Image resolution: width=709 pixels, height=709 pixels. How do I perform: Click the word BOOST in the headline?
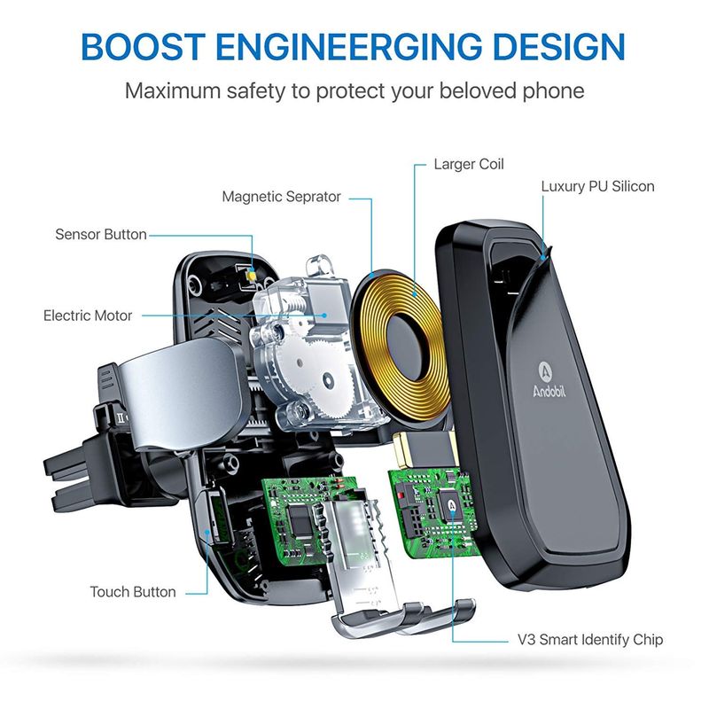pyautogui.click(x=144, y=47)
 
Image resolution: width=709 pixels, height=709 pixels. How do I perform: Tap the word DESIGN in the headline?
pyautogui.click(x=559, y=47)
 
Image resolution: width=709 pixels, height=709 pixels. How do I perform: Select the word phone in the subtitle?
pyautogui.click(x=553, y=92)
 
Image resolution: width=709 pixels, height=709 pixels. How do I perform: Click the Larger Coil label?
pyautogui.click(x=469, y=164)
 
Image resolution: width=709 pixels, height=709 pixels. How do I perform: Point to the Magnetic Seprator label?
pyautogui.click(x=281, y=197)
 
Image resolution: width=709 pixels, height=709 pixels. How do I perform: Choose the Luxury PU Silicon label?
pyautogui.click(x=597, y=186)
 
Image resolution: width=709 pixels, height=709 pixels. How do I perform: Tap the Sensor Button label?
pyautogui.click(x=101, y=234)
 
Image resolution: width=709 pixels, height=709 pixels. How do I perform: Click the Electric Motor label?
pyautogui.click(x=88, y=316)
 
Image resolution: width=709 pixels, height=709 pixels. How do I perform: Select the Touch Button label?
pyautogui.click(x=132, y=592)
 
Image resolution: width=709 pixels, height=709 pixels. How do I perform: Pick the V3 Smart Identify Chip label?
pyautogui.click(x=590, y=640)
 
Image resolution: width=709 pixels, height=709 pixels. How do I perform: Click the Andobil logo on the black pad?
pyautogui.click(x=548, y=380)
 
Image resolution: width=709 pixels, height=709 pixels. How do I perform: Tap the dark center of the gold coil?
pyautogui.click(x=407, y=346)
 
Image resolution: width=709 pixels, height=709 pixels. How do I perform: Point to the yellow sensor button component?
pyautogui.click(x=250, y=274)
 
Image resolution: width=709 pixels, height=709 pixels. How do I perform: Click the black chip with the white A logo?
pyautogui.click(x=452, y=506)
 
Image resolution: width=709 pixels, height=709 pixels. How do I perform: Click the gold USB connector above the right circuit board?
pyautogui.click(x=425, y=448)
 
